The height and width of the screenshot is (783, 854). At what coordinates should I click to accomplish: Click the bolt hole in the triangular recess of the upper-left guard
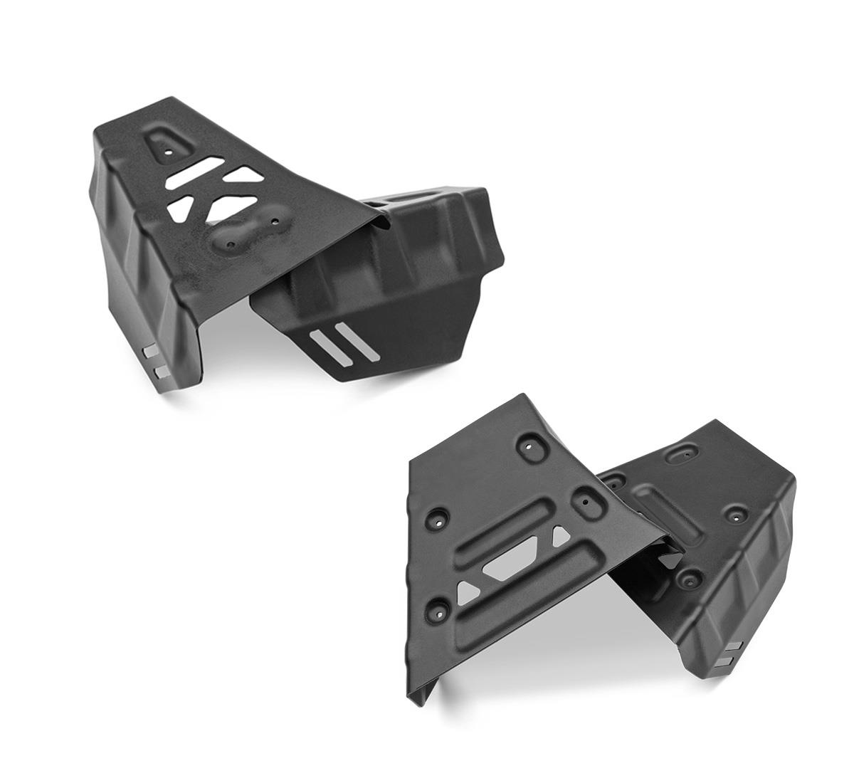pyautogui.click(x=169, y=151)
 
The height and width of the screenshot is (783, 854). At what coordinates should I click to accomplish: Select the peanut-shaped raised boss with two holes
pyautogui.click(x=248, y=231)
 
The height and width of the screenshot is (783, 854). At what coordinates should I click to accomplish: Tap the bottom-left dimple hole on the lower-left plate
pyautogui.click(x=436, y=610)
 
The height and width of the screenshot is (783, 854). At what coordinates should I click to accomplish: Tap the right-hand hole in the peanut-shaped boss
pyautogui.click(x=275, y=221)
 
